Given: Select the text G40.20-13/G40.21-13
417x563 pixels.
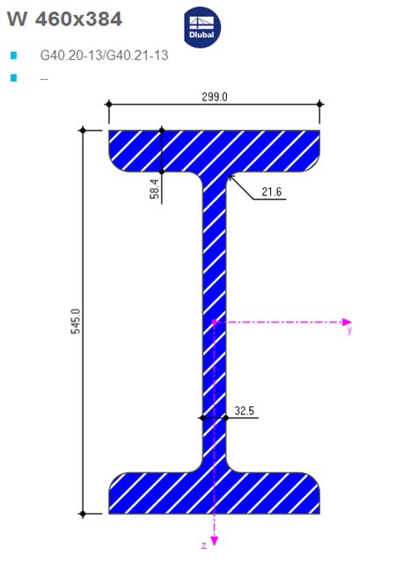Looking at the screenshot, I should point(104,55).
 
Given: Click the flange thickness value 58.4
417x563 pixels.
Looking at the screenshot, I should point(154,188).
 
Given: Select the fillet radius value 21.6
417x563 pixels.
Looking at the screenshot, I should point(273,192).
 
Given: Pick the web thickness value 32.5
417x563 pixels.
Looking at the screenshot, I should point(245,410).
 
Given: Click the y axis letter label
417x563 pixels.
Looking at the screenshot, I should point(349,332).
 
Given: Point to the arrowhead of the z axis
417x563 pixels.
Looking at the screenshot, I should point(215,540).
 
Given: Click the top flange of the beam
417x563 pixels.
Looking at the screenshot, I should point(214,150).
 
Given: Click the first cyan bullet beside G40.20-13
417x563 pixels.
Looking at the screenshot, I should point(14,55).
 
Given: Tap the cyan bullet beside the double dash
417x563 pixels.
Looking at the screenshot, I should point(14,78).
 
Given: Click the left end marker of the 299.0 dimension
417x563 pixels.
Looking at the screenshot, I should point(109,104).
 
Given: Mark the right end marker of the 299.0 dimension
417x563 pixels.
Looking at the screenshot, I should point(319,104).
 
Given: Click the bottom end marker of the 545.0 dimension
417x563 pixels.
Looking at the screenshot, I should point(84,513).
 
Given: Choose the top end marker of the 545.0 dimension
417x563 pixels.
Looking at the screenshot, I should point(84,130).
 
